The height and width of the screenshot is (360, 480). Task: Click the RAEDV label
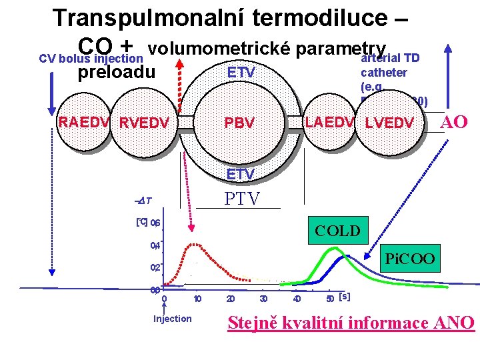tap(86, 122)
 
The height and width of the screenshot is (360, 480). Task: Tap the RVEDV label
tap(143, 123)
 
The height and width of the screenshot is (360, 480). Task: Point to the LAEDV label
tap(329, 122)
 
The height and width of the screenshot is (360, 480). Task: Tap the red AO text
tap(455, 122)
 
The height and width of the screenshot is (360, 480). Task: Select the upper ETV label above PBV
tap(241, 72)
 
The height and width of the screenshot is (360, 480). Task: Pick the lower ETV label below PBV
tap(240, 175)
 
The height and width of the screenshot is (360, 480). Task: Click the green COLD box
tap(337, 230)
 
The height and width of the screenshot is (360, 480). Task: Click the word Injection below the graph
tap(172, 319)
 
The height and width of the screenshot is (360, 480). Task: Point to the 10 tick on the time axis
tap(197, 298)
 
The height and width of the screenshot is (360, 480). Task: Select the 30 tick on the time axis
tap(264, 298)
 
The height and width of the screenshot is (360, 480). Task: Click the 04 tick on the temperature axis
tap(155, 245)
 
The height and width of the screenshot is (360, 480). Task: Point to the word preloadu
tap(117, 71)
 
